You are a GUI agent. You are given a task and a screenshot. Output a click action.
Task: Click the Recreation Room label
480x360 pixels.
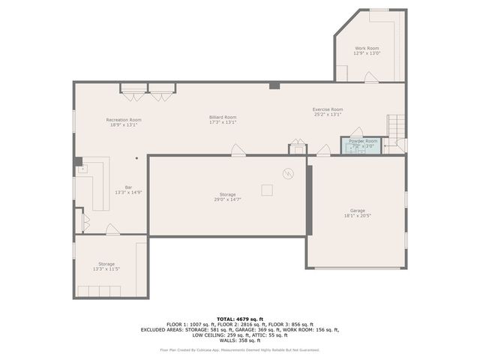pyautogui.click(x=124, y=122)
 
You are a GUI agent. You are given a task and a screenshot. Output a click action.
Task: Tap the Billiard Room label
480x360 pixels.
pyautogui.click(x=223, y=119)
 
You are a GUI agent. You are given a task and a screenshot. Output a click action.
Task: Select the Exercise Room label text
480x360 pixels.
pyautogui.click(x=328, y=112)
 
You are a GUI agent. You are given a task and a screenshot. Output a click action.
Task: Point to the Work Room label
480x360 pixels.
pyautogui.click(x=367, y=50)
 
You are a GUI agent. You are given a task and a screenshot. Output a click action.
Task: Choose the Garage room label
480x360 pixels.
pyautogui.click(x=358, y=212)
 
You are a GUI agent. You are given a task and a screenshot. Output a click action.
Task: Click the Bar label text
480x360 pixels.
pyautogui.click(x=128, y=190)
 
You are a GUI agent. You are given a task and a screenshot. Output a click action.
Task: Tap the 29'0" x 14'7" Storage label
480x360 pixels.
pyautogui.click(x=227, y=196)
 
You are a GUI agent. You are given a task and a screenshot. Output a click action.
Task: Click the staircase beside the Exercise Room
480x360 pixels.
pyautogui.click(x=395, y=126)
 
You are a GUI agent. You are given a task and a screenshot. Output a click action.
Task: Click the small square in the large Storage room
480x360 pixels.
pyautogui.click(x=267, y=190)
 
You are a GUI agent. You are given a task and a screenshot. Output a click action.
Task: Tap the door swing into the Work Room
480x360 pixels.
pyautogui.click(x=371, y=77)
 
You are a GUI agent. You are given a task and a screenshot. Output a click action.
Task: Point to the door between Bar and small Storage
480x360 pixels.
pyautogui.click(x=112, y=229)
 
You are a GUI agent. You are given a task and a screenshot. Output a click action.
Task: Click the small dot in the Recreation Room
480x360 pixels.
pyautogui.click(x=136, y=158)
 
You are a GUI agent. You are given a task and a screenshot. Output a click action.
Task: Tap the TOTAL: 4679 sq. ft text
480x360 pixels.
pyautogui.click(x=239, y=318)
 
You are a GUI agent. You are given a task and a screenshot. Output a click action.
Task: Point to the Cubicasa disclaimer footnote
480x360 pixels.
pyautogui.click(x=239, y=350)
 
